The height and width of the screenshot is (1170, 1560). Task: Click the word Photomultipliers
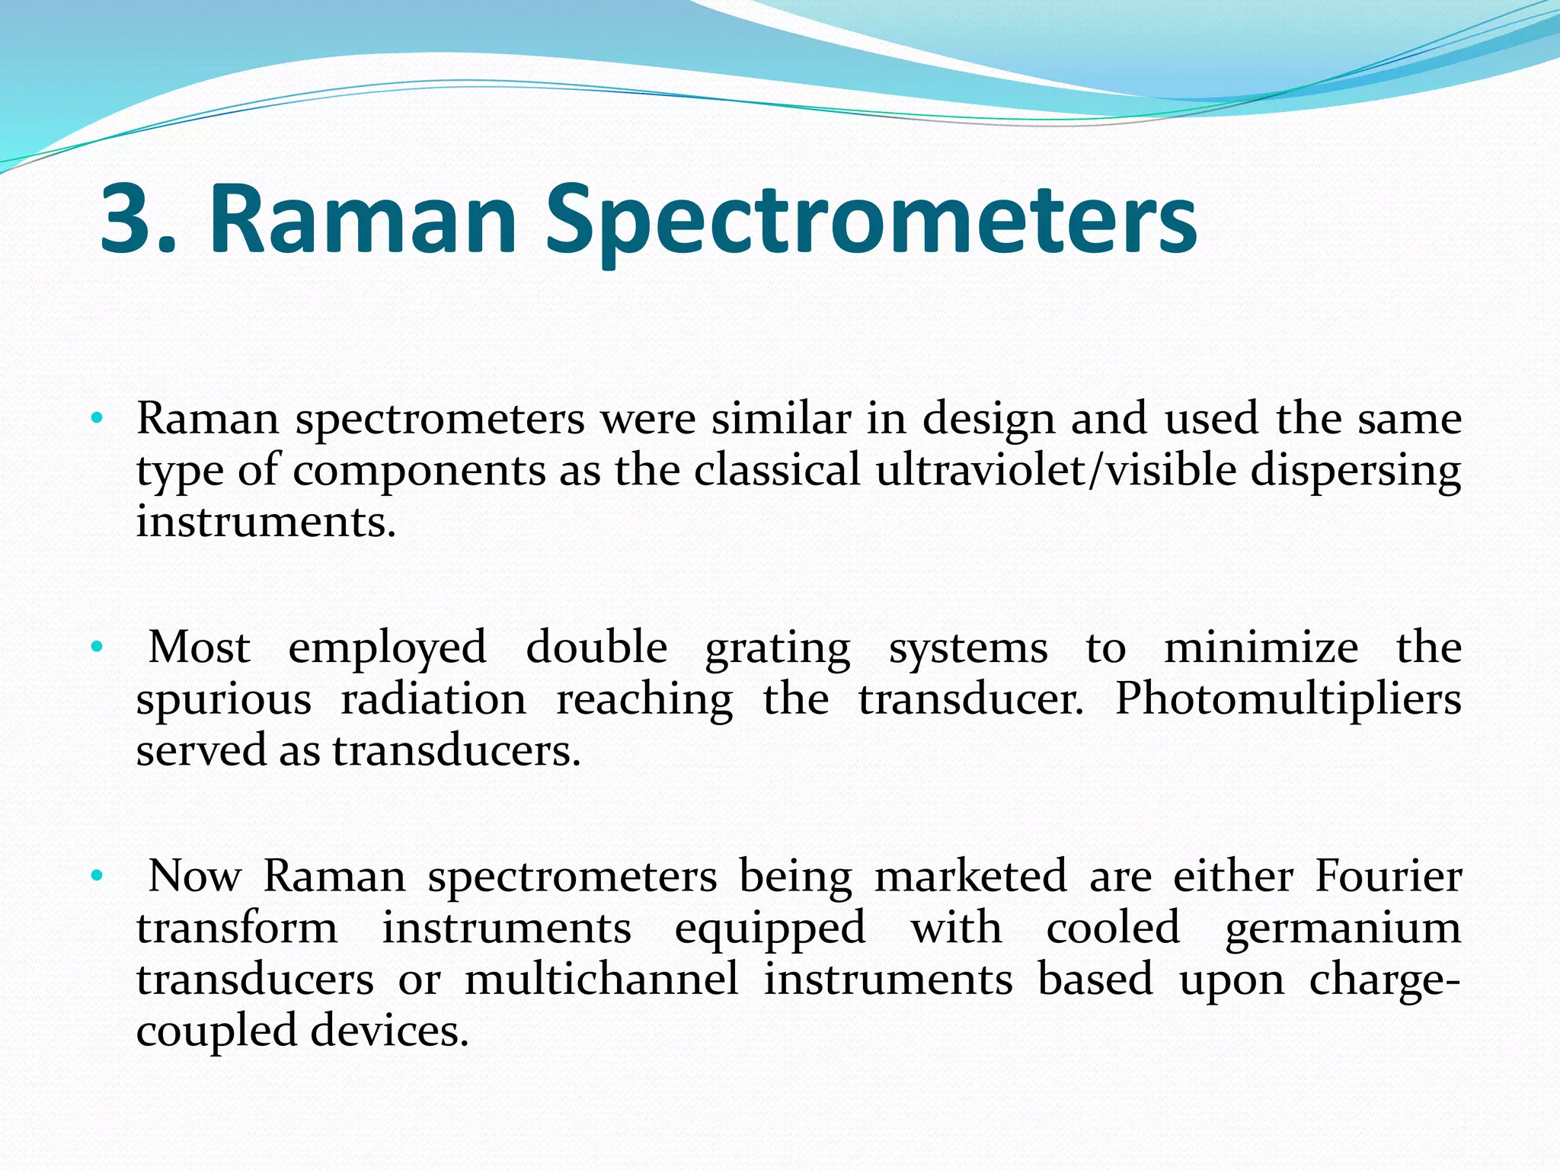tap(1288, 698)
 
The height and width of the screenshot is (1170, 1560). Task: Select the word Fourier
tap(1388, 876)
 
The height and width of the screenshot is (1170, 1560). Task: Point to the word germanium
tap(1343, 929)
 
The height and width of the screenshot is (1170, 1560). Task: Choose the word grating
tap(778, 649)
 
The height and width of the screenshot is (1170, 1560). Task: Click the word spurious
tap(224, 700)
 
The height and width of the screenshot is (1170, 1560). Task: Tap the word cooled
tap(1113, 928)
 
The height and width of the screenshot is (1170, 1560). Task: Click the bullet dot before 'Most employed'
tap(96, 648)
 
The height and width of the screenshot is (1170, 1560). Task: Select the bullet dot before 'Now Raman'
tap(96, 877)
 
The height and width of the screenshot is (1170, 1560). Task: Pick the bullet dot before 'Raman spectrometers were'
tap(96, 418)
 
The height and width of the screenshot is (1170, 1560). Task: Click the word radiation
tap(433, 699)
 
